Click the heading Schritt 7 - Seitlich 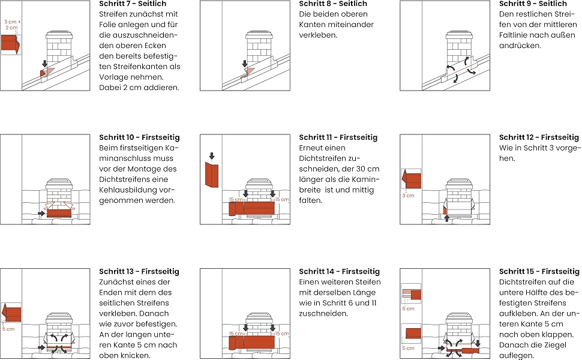point(133,4)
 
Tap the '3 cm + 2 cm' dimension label point(12,25)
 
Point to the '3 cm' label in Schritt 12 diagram point(408,196)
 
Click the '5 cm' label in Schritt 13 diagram point(8,329)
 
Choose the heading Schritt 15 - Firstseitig point(539,272)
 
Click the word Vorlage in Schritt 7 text point(113,77)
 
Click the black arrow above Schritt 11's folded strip point(211,156)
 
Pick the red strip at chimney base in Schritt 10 point(59,213)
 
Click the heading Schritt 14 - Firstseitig point(339,272)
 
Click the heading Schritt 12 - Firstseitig point(539,137)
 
